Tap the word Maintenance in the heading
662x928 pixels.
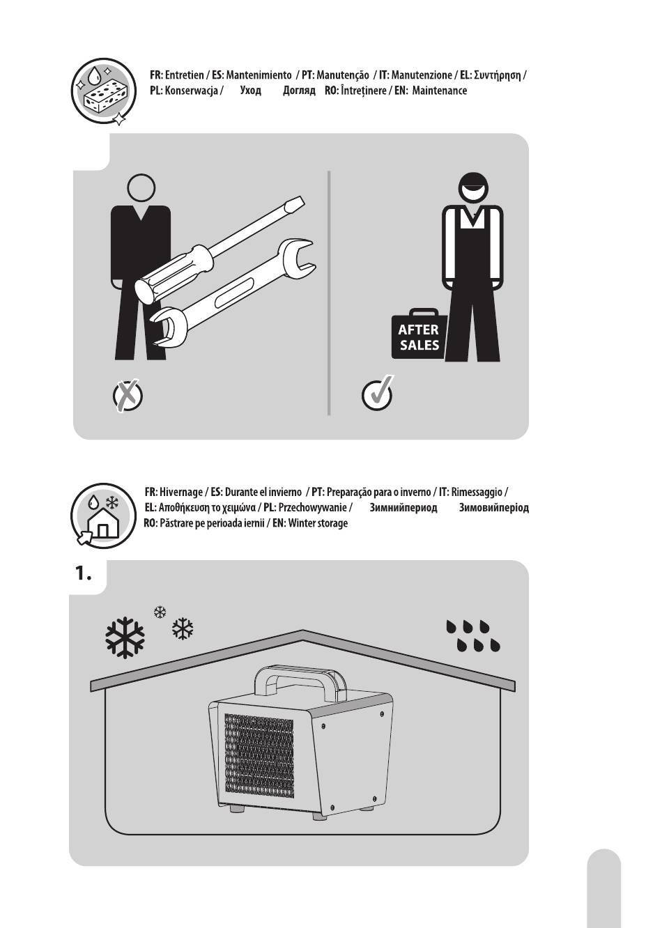pos(439,91)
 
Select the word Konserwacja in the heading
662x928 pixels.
pos(192,91)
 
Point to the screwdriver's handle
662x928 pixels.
pos(174,274)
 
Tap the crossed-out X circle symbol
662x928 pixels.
pos(128,395)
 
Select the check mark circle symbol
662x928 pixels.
pos(377,394)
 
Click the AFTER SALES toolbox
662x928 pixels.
pos(419,334)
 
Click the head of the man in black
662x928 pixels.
pos(141,187)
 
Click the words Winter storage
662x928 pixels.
pos(318,523)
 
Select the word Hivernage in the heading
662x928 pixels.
pos(181,492)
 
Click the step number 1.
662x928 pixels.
pos(83,574)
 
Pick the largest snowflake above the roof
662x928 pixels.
pos(125,637)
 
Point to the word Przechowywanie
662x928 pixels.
pos(312,507)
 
